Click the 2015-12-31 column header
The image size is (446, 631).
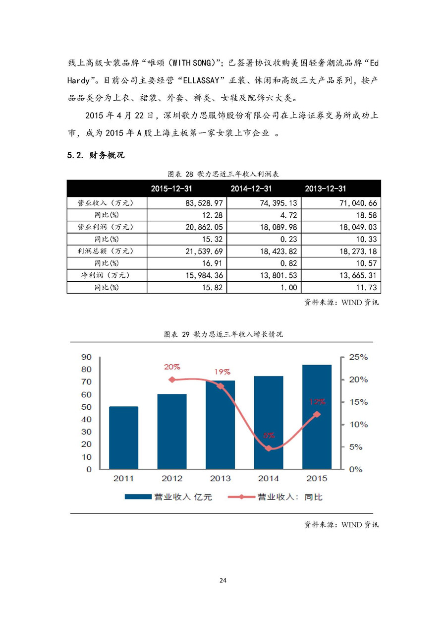click(171, 189)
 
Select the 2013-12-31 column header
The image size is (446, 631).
click(326, 189)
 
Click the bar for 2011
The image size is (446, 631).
click(123, 438)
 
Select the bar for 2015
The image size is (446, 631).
click(317, 417)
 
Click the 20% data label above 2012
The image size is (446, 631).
click(172, 367)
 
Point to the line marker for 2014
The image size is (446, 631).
click(269, 448)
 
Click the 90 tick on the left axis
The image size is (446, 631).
click(86, 357)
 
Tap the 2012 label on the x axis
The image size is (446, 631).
click(172, 479)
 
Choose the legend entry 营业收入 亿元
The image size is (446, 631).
click(168, 497)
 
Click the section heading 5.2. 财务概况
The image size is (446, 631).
click(96, 156)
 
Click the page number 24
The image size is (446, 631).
click(223, 580)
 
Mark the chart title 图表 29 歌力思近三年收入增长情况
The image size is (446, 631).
click(223, 334)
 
